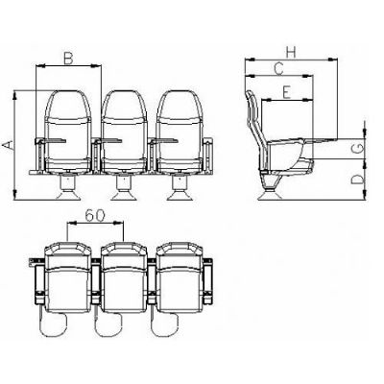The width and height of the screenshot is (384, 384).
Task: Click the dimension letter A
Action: (x=10, y=145)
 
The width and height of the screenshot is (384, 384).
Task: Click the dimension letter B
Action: (x=68, y=59)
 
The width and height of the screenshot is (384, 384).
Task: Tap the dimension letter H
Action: (x=291, y=53)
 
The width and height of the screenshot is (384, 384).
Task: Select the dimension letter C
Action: (x=279, y=69)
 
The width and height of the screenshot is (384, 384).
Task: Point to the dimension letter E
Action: (x=286, y=92)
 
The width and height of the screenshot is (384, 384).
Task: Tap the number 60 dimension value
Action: (x=95, y=216)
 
